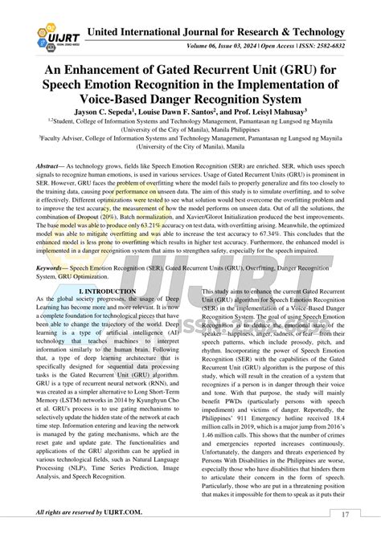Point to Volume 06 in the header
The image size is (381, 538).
[209, 47]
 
